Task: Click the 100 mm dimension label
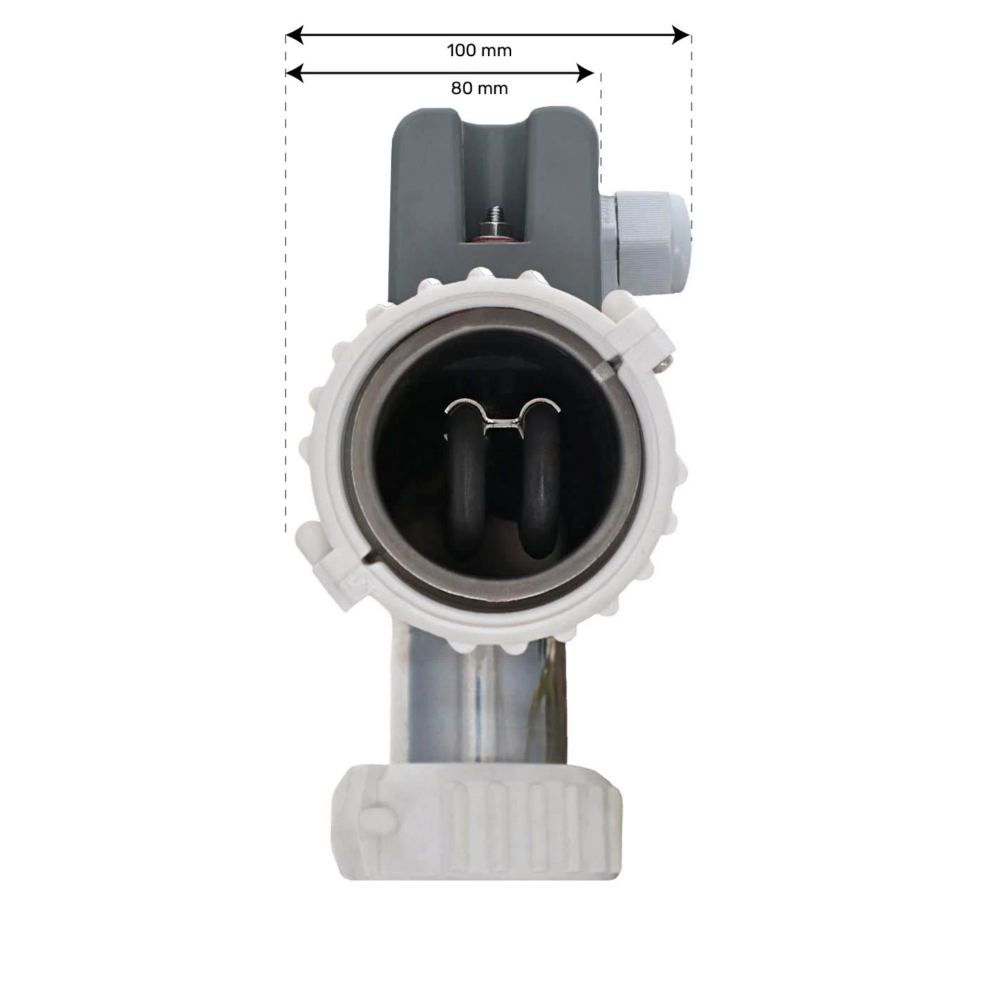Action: tap(479, 51)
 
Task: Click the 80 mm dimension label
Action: tap(479, 88)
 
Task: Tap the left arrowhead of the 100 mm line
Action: tap(294, 35)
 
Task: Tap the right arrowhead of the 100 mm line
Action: tap(681, 35)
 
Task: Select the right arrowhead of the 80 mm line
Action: tap(585, 73)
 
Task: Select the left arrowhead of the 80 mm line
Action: tap(294, 73)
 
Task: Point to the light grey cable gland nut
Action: tap(652, 244)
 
